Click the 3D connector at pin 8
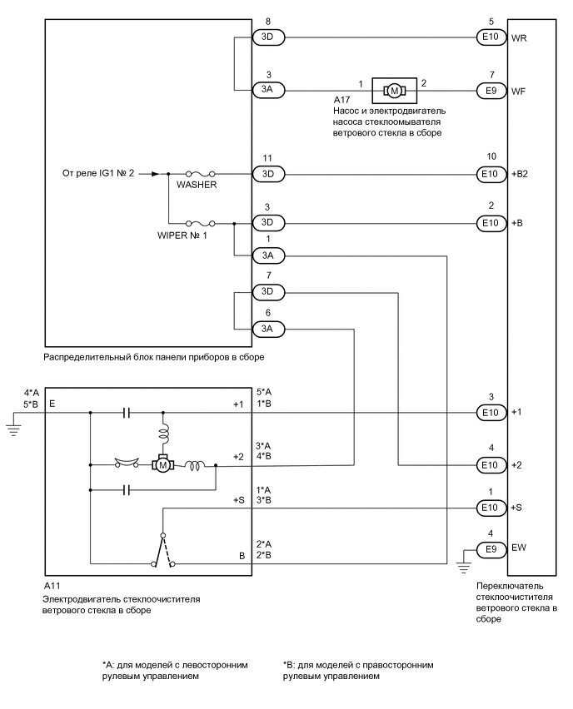click(x=268, y=37)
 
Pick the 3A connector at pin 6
click(x=268, y=330)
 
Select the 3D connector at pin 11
click(x=268, y=175)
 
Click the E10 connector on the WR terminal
click(x=489, y=37)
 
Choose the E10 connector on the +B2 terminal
click(x=489, y=175)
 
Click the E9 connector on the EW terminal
click(x=489, y=549)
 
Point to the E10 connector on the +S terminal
click(x=489, y=507)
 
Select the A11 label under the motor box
click(x=52, y=587)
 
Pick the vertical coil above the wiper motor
click(x=163, y=433)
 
